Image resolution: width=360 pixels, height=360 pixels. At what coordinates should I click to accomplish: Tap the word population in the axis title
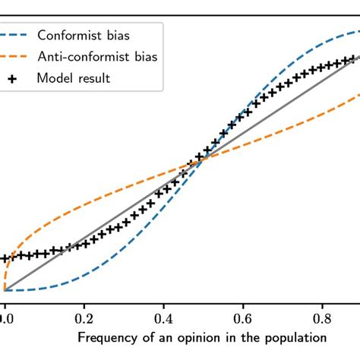298,336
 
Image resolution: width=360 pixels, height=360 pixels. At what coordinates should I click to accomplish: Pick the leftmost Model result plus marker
4,258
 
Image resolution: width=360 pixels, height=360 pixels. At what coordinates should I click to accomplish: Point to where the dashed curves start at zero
5,290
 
